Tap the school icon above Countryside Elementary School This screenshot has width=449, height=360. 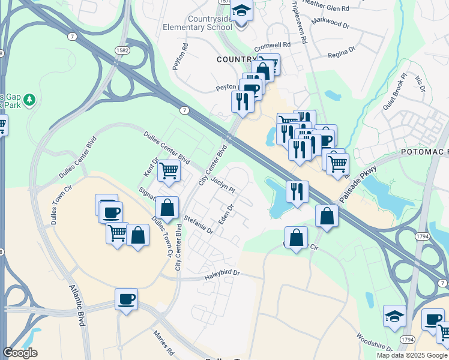click(242, 12)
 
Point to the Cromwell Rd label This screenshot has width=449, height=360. click(273, 45)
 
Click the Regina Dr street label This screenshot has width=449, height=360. click(342, 54)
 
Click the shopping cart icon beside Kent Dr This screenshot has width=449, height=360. click(169, 171)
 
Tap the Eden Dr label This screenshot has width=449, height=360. click(226, 214)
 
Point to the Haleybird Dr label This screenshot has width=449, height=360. click(221, 274)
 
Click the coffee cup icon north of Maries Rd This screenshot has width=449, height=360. click(126, 299)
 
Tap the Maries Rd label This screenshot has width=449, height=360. click(163, 343)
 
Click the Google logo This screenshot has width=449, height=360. click(20, 353)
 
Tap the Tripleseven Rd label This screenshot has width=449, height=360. click(301, 24)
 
